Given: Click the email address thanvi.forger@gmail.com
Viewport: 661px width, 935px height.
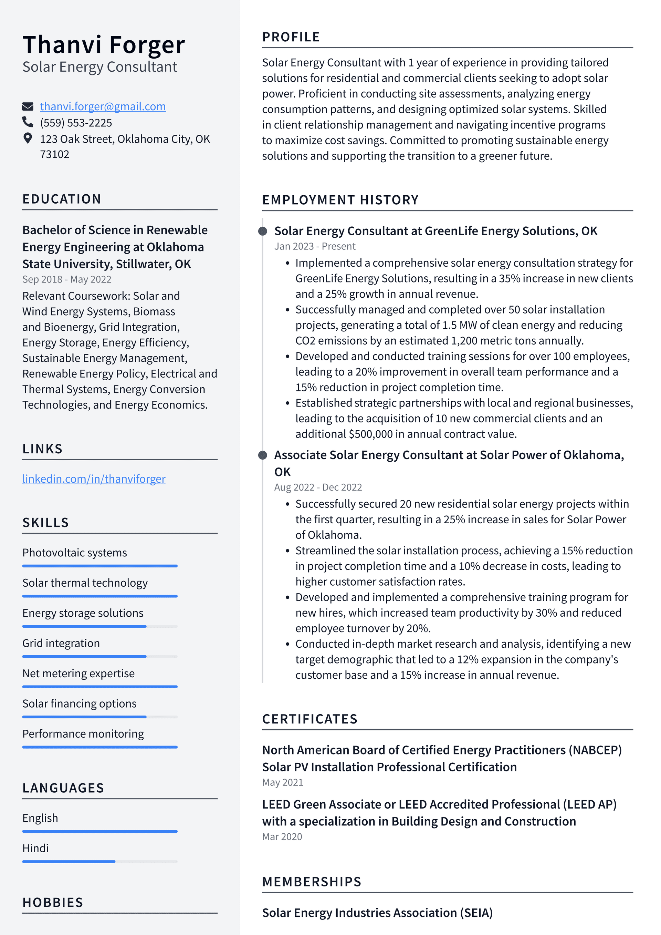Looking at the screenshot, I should point(103,106).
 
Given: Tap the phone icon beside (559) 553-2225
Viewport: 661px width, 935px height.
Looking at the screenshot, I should point(27,122).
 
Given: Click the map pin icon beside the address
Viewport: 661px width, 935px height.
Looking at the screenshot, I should point(27,138).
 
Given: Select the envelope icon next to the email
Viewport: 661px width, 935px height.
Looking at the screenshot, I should point(27,107).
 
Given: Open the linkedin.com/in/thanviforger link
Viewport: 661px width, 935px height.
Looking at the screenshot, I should point(94,479).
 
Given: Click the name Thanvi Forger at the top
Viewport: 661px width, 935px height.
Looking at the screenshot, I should point(103,44).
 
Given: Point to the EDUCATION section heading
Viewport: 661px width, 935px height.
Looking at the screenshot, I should point(62,199).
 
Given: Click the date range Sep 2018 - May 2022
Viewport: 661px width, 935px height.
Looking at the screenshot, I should point(67,279).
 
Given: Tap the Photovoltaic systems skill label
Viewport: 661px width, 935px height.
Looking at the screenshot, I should point(74,553).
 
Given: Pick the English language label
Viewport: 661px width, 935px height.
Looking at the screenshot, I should point(40,818).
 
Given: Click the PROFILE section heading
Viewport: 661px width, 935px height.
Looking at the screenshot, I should point(291,37).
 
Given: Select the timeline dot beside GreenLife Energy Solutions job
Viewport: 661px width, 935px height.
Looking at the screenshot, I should point(263,231).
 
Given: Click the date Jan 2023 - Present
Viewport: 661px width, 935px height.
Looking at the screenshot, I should point(315,246).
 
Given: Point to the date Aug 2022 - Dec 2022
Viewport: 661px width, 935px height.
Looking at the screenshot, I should point(318,487).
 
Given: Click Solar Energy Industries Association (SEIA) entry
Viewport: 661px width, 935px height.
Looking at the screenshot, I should point(377,913).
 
